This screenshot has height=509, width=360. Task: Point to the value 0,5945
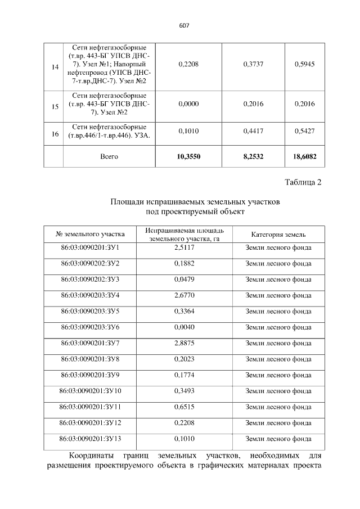(x=304, y=65)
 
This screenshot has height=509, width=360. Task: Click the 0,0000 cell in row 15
(x=188, y=104)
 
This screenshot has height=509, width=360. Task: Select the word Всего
(x=109, y=156)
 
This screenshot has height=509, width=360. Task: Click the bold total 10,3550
(x=188, y=156)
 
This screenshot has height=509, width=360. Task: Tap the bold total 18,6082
(x=304, y=156)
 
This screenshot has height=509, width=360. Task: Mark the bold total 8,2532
(x=254, y=156)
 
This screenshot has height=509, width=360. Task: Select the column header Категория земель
(x=278, y=234)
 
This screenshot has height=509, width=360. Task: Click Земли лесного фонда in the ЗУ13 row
(x=278, y=438)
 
